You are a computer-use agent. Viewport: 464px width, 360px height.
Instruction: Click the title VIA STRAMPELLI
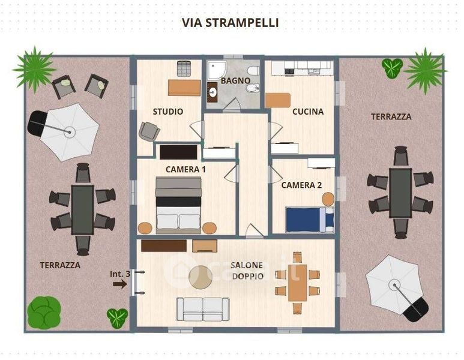[x=230, y=23]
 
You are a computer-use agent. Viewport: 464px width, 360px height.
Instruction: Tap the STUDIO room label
[x=168, y=112]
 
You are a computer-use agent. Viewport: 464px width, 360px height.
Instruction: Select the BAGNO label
[x=235, y=80]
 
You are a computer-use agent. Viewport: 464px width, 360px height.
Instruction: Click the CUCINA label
[x=308, y=112]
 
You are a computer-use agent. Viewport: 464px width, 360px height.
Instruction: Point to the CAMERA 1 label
[x=185, y=169]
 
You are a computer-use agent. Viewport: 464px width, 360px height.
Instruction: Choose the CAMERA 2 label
[x=301, y=185]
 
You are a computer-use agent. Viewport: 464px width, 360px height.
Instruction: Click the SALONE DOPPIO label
[x=247, y=271]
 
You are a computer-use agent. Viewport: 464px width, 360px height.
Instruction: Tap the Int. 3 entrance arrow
[x=120, y=284]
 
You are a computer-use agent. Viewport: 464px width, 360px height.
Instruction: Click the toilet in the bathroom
[x=253, y=71]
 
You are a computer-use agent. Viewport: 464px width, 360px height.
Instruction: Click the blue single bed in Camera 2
[x=310, y=220]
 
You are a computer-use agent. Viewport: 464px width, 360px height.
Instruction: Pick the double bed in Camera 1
[x=178, y=205]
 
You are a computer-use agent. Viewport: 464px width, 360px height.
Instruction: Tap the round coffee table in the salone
[x=200, y=277]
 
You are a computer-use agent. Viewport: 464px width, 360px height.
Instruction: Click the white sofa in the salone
[x=203, y=309]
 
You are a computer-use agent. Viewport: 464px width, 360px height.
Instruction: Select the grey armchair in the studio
[x=149, y=131]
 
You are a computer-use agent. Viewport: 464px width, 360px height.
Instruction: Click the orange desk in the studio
[x=184, y=88]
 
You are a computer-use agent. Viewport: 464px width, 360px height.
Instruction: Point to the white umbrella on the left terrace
[x=70, y=132]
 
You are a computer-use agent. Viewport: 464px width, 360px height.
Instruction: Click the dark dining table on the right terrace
[x=400, y=193]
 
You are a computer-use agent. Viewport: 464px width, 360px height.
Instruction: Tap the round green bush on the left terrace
[x=44, y=313]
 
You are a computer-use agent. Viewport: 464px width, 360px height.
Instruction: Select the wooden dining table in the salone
[x=298, y=283]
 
